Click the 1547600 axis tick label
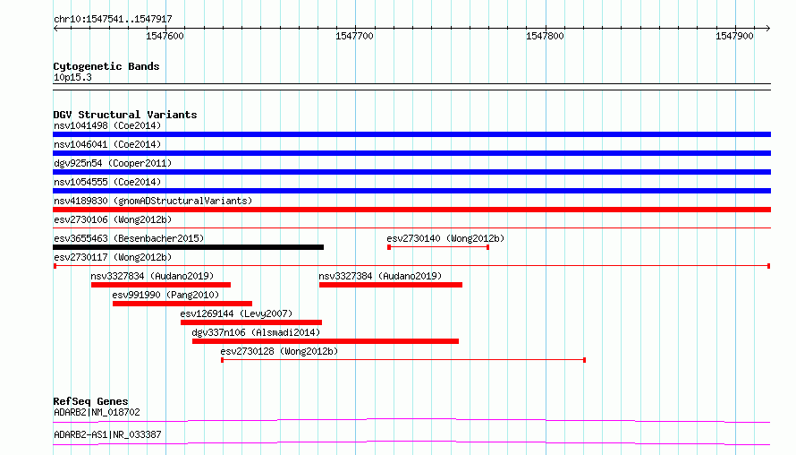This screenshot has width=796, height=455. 165,36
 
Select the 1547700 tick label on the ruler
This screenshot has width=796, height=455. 354,36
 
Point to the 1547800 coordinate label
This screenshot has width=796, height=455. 545,36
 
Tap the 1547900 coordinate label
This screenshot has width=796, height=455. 734,36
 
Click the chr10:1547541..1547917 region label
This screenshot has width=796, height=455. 114,20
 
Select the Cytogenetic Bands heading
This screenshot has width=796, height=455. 106,66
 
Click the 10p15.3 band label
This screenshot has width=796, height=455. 72,77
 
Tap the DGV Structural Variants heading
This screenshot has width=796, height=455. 125,115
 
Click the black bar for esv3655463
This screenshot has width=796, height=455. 189,247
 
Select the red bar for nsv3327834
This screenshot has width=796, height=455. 161,285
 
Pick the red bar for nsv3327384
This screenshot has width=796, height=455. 391,285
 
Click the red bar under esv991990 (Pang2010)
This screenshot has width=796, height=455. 182,304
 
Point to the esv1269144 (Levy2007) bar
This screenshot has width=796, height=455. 251,322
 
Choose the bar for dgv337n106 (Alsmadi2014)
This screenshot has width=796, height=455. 326,341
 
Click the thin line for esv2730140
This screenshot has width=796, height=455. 438,247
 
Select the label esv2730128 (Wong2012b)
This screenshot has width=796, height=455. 279,351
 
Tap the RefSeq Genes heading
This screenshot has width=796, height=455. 90,401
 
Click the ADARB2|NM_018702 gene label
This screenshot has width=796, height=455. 97,412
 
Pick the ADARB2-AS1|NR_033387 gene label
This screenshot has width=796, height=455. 107,434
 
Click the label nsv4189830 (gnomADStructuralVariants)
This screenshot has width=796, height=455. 153,201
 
